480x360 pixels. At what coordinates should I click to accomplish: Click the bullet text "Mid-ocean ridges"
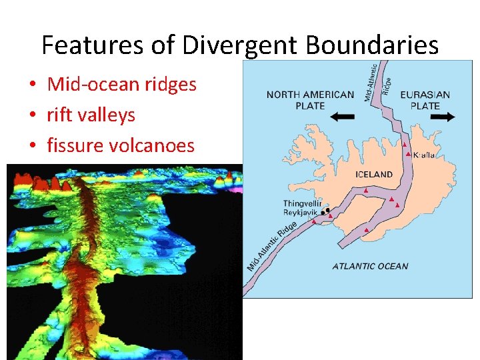tap(121, 84)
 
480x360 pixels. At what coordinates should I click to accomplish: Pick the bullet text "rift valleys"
tap(91, 115)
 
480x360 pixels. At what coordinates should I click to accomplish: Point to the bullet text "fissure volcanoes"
tap(120, 145)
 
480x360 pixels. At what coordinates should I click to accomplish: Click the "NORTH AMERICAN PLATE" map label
tap(310, 100)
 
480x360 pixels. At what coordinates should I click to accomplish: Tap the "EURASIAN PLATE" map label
tap(425, 100)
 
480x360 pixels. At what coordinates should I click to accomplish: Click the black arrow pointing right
tap(442, 117)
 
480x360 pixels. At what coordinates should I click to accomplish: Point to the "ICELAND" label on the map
tap(373, 175)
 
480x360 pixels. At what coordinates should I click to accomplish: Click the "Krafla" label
tap(424, 155)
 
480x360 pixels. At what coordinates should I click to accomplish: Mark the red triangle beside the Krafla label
tap(407, 154)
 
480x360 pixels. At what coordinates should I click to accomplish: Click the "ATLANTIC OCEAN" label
tap(370, 267)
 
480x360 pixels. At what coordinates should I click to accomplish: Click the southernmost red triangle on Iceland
tap(367, 230)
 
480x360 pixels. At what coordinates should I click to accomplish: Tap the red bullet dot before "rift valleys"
tap(32, 116)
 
